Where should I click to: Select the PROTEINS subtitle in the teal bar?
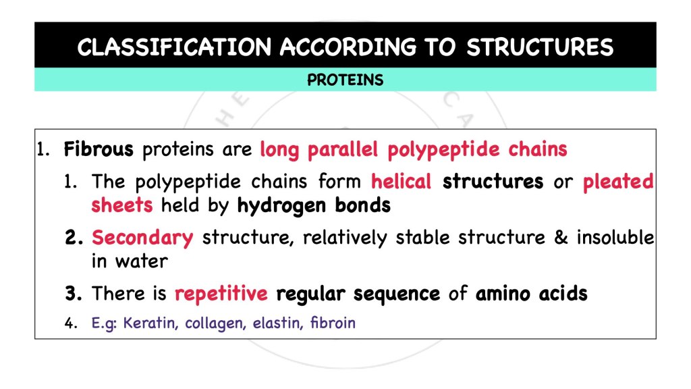tap(345, 80)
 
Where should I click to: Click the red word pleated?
tap(618, 182)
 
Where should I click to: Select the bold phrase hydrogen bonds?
tap(314, 205)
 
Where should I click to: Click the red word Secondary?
tap(142, 238)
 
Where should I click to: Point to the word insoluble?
tap(615, 238)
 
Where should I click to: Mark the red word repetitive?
tap(221, 294)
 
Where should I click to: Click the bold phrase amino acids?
tap(531, 294)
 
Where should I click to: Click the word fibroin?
tap(333, 323)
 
